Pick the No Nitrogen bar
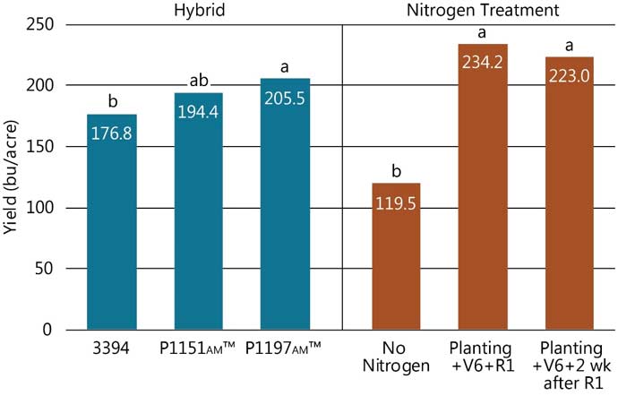[396, 269]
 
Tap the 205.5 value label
[285, 97]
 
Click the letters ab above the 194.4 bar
[199, 81]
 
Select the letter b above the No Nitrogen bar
[396, 172]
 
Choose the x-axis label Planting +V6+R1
[483, 356]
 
